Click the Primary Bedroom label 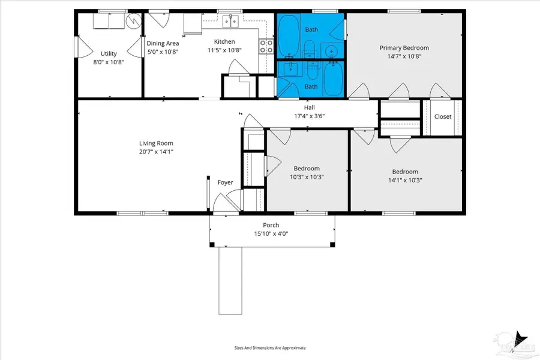[x=404, y=48]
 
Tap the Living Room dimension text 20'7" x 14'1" [x=156, y=152]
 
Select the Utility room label [x=109, y=53]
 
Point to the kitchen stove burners [x=266, y=46]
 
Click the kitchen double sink [x=230, y=22]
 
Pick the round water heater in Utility [x=133, y=21]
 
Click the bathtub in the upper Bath [x=289, y=35]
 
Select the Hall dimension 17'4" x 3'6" [x=309, y=116]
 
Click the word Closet [x=443, y=117]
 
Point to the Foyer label [x=225, y=182]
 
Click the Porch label [x=271, y=225]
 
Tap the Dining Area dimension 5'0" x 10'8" [x=163, y=52]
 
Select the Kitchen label [x=224, y=41]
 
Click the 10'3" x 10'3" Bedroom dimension [x=307, y=177]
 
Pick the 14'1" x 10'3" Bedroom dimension [x=405, y=180]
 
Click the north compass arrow [x=520, y=337]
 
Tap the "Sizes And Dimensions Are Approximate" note [x=270, y=348]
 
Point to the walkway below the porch [x=230, y=281]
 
